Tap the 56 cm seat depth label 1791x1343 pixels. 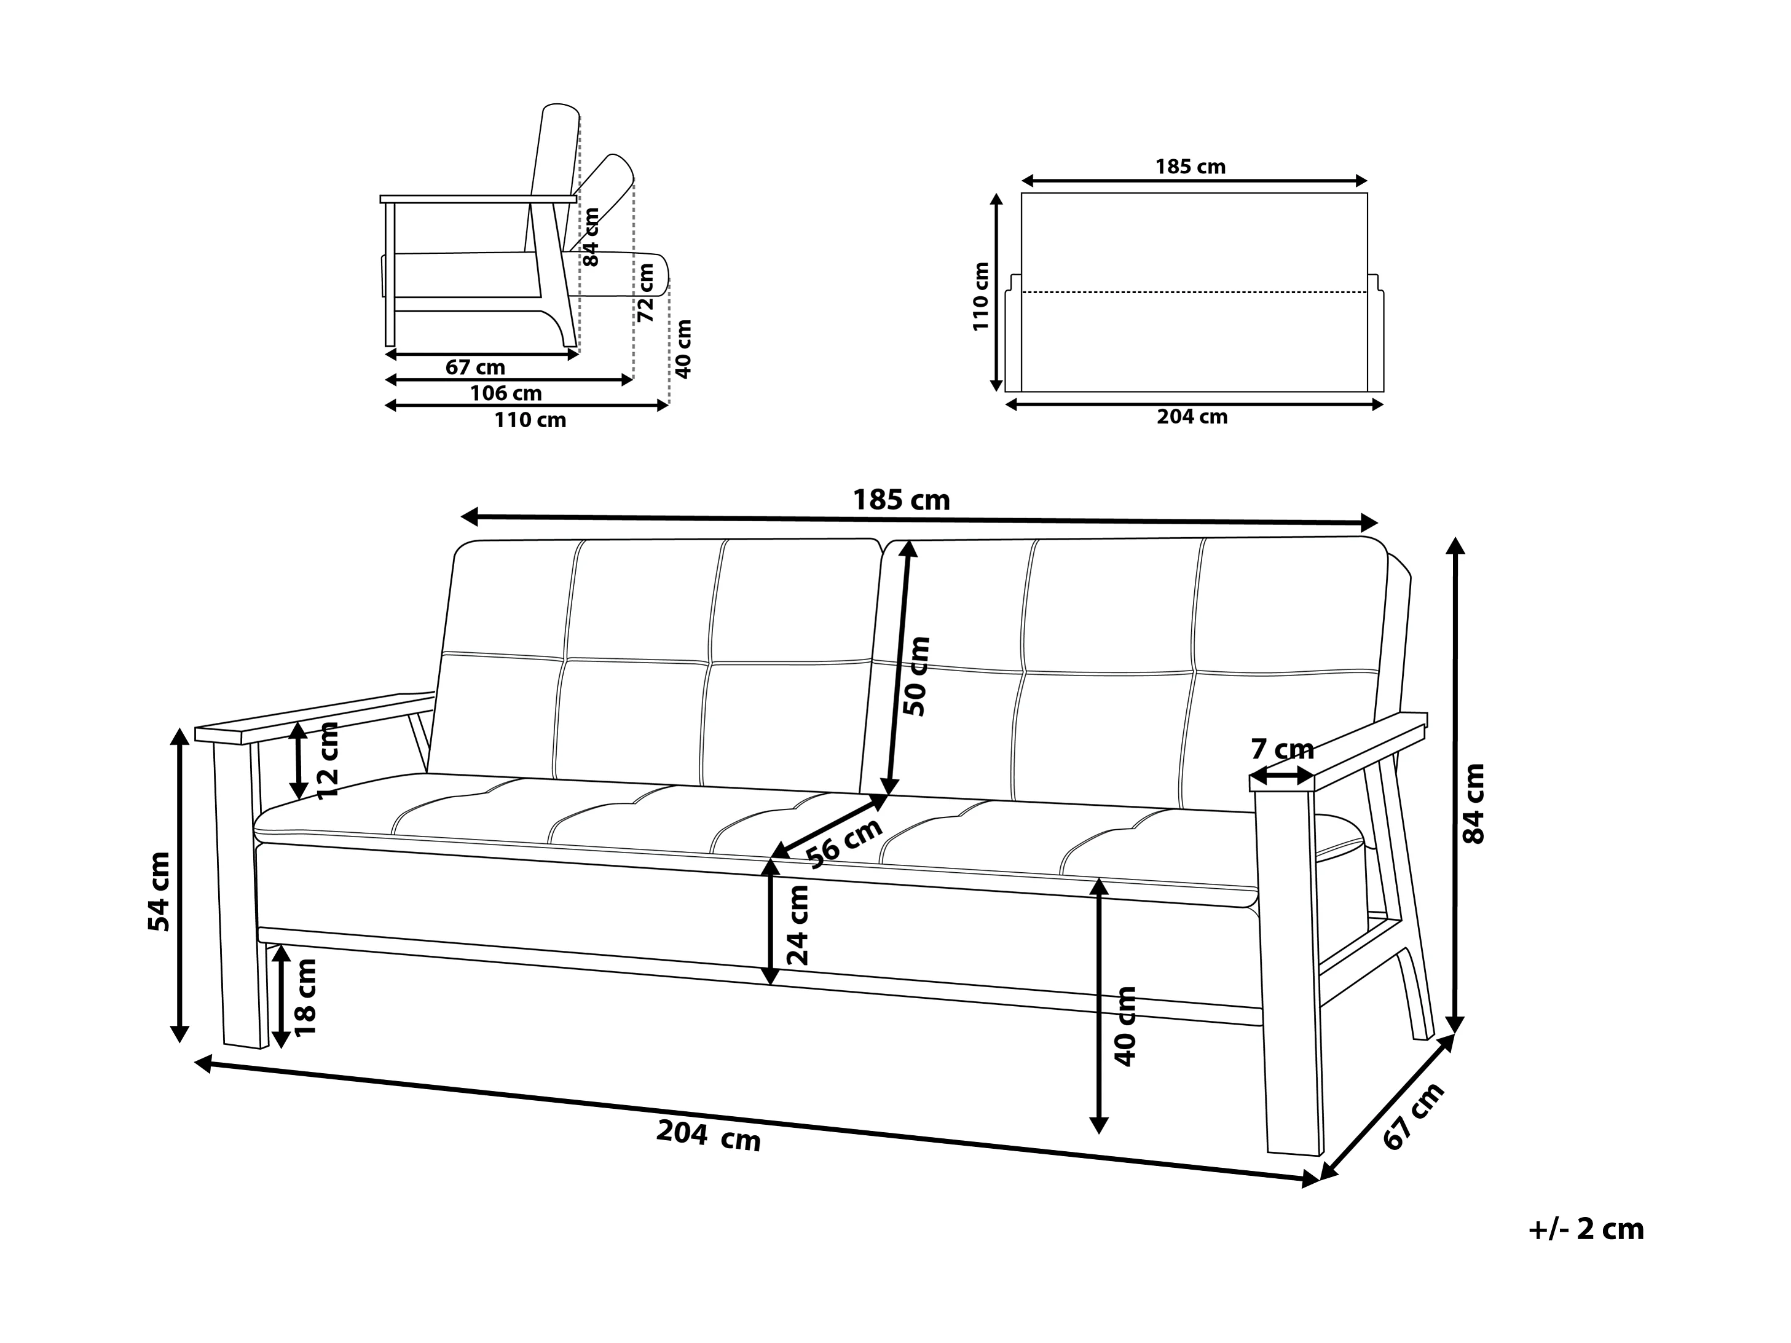point(844,843)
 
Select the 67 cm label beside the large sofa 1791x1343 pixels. point(1414,1116)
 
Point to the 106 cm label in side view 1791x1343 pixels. point(506,393)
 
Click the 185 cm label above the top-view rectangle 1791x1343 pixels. point(1191,167)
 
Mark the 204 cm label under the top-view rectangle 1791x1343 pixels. point(1192,417)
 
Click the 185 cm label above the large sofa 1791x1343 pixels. point(901,500)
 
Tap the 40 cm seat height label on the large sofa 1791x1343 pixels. point(1125,1026)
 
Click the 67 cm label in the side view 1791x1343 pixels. point(475,368)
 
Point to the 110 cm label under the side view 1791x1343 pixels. point(530,420)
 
